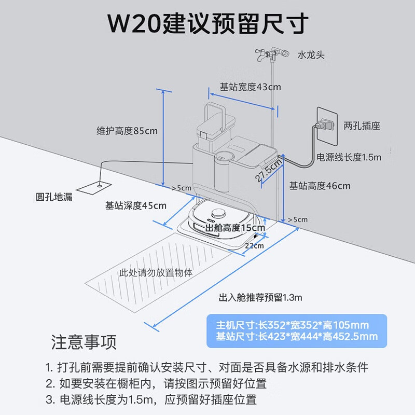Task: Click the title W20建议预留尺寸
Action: point(208,23)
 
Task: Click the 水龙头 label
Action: point(311,55)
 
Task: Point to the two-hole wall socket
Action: point(326,125)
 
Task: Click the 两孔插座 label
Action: point(362,126)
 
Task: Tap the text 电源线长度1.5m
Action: point(349,157)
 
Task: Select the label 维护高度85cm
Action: point(127,131)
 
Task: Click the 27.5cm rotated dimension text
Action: point(269,169)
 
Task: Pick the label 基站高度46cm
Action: point(320,186)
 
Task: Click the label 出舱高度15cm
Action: point(235,227)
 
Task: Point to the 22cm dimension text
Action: point(254,245)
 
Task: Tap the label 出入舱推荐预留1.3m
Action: point(260,298)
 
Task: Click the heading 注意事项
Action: point(84,342)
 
